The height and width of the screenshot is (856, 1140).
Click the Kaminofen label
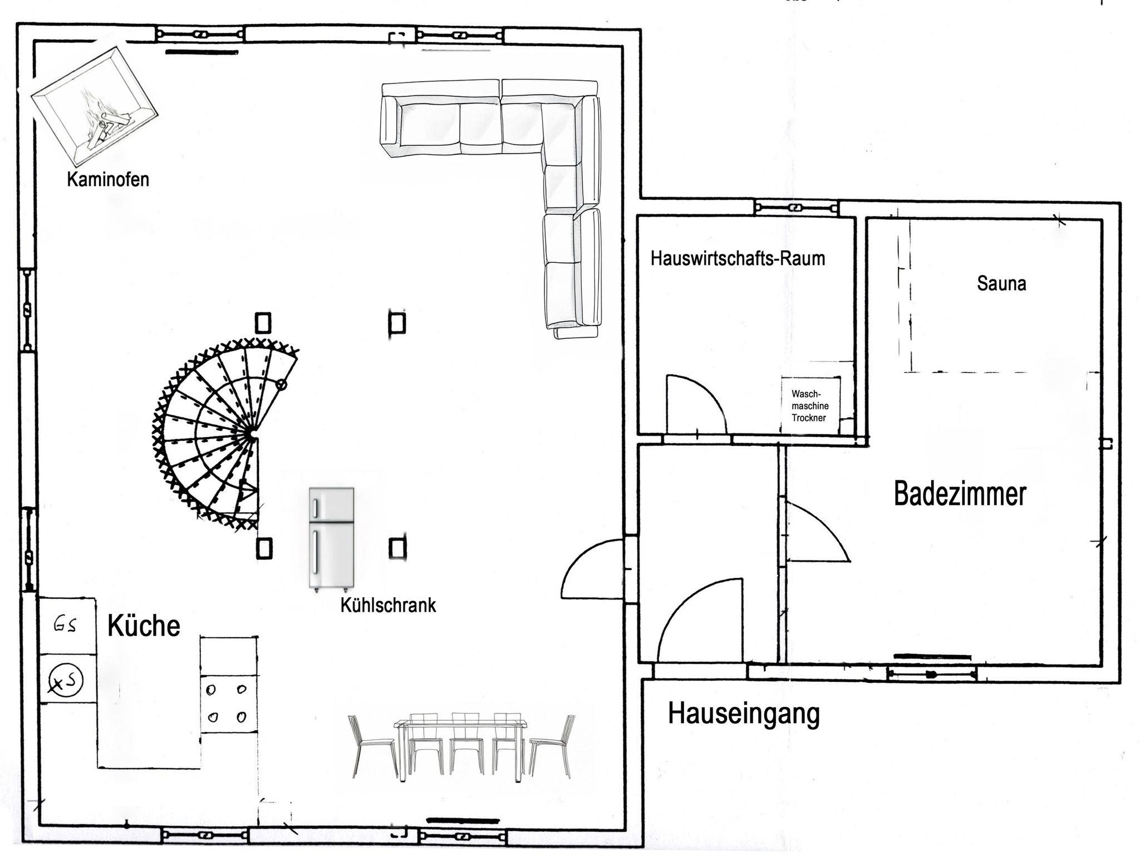tap(108, 180)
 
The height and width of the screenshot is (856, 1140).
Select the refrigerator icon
tap(332, 538)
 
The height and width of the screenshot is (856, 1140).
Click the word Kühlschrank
tap(388, 606)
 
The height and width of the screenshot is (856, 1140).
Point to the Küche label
tap(144, 626)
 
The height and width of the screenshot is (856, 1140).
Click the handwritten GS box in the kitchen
tap(67, 626)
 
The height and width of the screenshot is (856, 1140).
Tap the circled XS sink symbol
tap(65, 680)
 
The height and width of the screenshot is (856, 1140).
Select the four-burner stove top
tap(229, 704)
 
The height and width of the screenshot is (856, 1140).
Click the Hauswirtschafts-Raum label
tap(738, 259)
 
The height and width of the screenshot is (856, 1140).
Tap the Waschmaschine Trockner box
tap(810, 406)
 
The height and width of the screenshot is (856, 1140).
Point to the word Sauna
tap(1001, 284)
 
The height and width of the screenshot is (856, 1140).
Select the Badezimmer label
tap(960, 494)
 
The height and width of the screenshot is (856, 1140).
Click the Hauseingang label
tap(744, 714)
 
